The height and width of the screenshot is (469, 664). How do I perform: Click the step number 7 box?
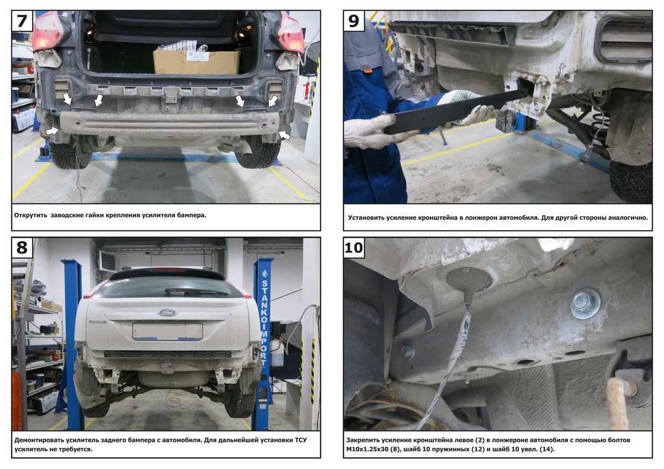coord(22,21)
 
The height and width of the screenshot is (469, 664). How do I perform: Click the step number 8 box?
coord(22,247)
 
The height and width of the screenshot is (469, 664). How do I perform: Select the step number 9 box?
coord(354,21)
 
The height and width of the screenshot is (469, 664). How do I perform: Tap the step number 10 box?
coord(354,247)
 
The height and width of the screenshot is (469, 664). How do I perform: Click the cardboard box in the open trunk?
coord(196,61)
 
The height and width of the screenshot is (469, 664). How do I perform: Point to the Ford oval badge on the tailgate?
coord(168,312)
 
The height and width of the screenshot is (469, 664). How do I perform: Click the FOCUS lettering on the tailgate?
coord(97,322)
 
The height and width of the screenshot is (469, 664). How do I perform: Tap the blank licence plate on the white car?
coord(168,331)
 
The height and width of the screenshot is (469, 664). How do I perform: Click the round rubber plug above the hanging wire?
coord(469,279)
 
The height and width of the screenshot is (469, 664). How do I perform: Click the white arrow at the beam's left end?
coord(53,130)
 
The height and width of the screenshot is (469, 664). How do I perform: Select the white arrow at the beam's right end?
coord(284,135)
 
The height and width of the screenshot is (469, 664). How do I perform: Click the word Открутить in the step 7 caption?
coord(31,215)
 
